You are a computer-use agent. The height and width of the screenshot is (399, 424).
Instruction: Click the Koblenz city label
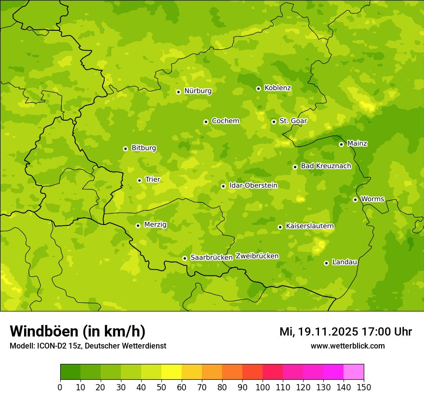click(x=278, y=88)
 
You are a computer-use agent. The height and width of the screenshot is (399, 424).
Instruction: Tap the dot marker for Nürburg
click(x=178, y=92)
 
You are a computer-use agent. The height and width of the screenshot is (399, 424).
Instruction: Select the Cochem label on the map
click(x=225, y=121)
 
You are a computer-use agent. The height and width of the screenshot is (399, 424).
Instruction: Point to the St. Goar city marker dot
click(x=274, y=122)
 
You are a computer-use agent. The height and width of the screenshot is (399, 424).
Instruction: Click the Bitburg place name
click(x=144, y=148)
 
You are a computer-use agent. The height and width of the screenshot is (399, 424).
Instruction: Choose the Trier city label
click(x=152, y=180)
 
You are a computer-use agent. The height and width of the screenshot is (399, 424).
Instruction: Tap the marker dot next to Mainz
click(x=341, y=144)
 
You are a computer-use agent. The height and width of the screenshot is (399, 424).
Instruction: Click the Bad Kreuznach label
click(x=326, y=166)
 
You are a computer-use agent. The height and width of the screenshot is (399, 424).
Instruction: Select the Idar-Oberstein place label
click(x=253, y=186)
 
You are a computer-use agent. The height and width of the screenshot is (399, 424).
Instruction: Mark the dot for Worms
click(x=355, y=199)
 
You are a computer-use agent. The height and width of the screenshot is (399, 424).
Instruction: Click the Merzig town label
click(x=155, y=225)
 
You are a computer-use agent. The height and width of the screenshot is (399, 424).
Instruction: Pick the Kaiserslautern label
click(x=310, y=226)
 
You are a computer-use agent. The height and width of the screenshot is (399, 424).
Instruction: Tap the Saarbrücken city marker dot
click(x=185, y=258)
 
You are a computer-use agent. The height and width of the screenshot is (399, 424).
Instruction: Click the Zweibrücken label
click(x=257, y=256)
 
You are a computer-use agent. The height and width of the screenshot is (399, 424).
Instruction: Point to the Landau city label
click(x=344, y=262)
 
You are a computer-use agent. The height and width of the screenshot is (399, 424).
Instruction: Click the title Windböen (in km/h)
click(x=78, y=331)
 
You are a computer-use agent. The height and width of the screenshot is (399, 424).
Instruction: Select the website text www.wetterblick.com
click(x=347, y=346)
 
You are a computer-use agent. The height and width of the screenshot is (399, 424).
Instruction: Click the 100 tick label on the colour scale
click(x=263, y=387)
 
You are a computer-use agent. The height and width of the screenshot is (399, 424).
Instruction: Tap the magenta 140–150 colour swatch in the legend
click(x=354, y=372)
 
